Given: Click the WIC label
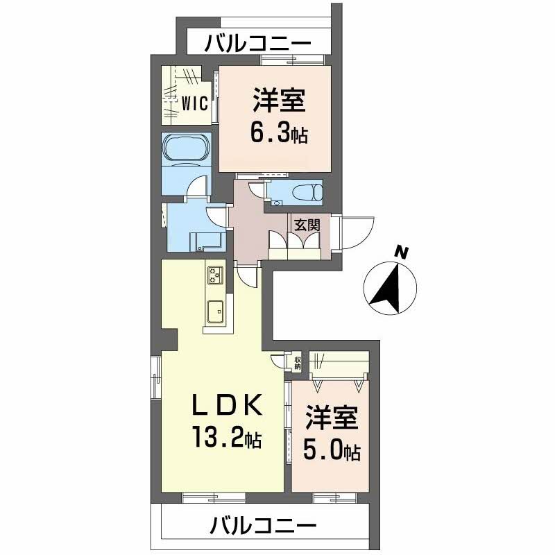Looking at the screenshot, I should click(196, 103).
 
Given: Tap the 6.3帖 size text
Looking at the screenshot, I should click(280, 132).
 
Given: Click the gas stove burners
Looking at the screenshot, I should click(215, 275).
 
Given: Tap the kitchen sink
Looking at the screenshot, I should click(215, 314).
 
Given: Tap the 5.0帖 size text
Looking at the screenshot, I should click(332, 452).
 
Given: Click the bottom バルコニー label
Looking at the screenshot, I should click(264, 526).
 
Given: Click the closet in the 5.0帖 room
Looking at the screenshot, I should click(339, 366).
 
